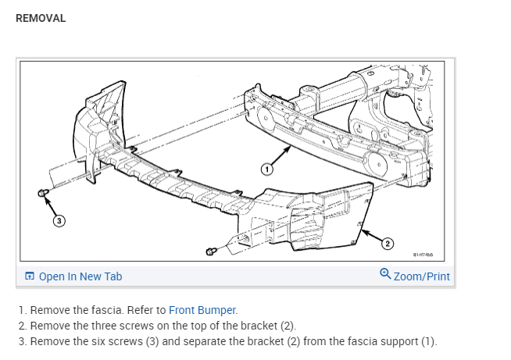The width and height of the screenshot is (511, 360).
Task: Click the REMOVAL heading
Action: coord(41,18)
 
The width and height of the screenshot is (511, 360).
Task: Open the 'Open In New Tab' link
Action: coord(80,276)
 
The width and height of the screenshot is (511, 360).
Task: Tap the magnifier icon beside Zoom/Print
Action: coord(384,275)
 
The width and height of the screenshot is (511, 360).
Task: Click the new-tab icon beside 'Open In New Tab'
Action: coord(30,276)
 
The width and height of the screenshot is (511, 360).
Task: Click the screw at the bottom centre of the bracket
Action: coord(211,251)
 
